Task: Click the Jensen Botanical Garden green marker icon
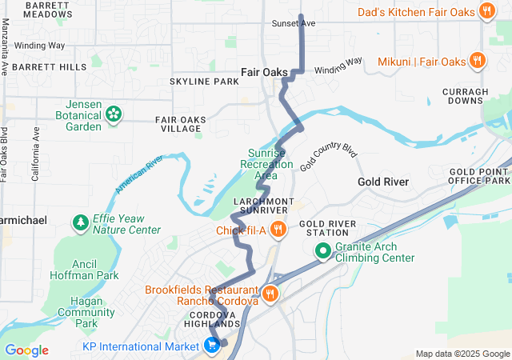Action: click(114, 114)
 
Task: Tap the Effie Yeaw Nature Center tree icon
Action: click(80, 222)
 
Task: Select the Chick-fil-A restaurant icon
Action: click(278, 230)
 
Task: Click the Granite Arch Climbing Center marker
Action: click(324, 251)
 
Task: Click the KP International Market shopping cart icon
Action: click(212, 346)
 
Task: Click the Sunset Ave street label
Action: click(294, 23)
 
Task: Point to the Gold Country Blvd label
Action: click(327, 157)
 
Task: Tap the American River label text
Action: click(138, 174)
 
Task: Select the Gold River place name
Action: click(383, 182)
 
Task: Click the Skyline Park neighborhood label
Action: click(204, 82)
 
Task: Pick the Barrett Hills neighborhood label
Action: click(49, 67)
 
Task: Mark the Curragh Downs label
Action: click(465, 96)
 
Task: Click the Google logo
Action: click(26, 350)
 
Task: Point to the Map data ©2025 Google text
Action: click(462, 354)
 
